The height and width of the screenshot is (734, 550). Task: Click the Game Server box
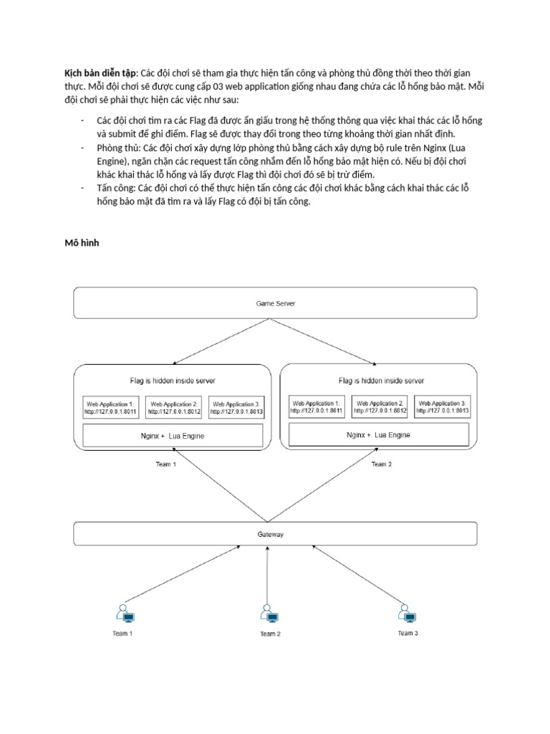point(276,302)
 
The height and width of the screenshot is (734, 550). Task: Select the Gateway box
point(276,534)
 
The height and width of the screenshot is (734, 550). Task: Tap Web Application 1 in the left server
point(109,408)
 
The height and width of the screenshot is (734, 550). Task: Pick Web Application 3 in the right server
point(443,407)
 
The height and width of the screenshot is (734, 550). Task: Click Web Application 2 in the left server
point(174,408)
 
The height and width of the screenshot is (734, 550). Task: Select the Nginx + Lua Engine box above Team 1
point(173,436)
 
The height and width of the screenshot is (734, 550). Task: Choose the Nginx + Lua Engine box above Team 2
point(379,435)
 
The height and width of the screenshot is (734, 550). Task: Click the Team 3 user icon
point(407,614)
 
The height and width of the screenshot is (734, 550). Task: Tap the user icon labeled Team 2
point(269,614)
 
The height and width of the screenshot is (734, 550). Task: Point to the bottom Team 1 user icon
point(125,614)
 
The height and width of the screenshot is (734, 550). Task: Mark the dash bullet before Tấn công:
point(83,188)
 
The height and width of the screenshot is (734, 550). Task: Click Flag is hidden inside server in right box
point(381,381)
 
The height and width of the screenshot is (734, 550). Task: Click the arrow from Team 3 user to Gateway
point(356,574)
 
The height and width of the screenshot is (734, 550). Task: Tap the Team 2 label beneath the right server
point(380,464)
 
